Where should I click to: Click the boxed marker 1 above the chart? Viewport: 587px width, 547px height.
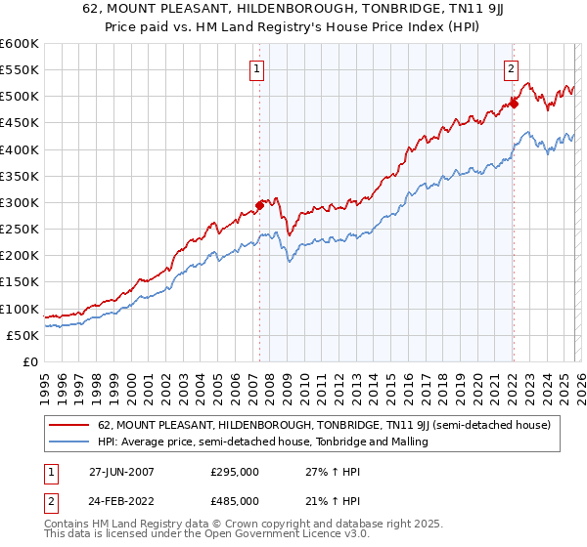tap(256, 68)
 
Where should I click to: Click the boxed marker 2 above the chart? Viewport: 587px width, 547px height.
tap(511, 68)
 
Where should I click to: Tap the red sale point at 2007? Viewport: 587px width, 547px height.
tap(260, 205)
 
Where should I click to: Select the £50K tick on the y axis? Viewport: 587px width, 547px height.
tap(23, 335)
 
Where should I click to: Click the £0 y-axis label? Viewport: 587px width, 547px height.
tap(29, 361)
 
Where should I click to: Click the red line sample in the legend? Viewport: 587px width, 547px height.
tap(68, 426)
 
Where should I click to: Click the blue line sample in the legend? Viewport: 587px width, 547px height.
tap(68, 442)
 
